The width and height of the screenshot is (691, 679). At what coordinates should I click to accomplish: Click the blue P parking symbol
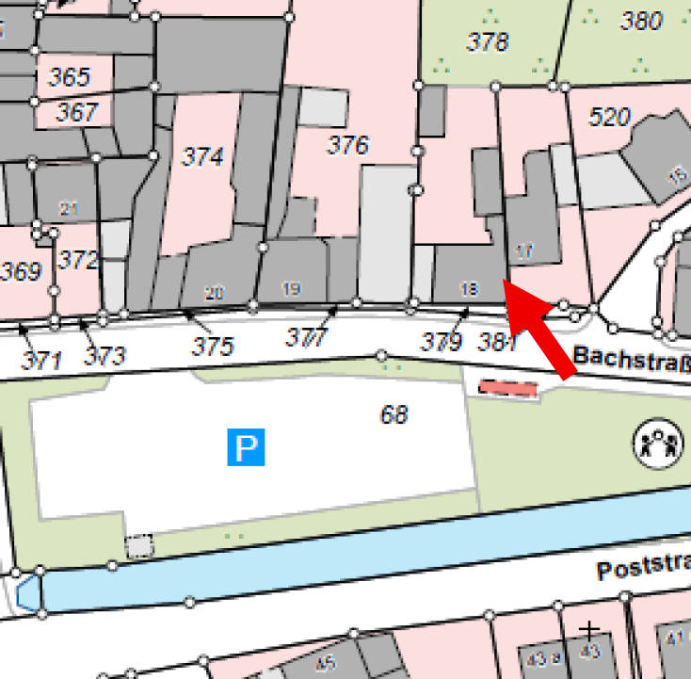point(246,446)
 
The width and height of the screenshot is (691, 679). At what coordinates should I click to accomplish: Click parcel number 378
point(488,41)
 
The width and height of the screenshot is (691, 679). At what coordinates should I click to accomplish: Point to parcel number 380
point(643,21)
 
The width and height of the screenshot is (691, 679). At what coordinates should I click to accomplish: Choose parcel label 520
point(609,118)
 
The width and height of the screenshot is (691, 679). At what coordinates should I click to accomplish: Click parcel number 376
point(347,145)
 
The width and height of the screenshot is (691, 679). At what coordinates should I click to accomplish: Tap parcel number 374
point(203,156)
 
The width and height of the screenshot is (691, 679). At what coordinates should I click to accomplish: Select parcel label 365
point(70,77)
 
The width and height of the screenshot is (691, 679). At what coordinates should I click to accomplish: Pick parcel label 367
point(76,113)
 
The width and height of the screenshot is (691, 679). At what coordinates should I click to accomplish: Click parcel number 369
point(21,272)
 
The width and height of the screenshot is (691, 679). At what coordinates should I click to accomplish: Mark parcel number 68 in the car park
point(394,413)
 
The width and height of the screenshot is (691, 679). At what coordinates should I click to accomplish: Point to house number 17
point(525,251)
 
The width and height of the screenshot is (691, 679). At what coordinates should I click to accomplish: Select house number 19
point(291,289)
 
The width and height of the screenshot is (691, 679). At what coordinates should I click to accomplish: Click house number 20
point(214,294)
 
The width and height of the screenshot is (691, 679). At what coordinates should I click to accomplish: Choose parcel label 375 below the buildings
point(212,346)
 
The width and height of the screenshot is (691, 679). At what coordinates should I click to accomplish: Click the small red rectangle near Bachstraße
point(508,388)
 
